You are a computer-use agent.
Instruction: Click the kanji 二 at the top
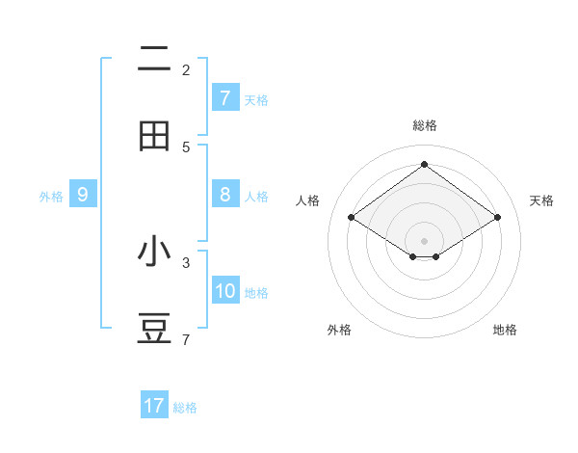coord(154,60)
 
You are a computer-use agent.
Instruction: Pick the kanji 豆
coord(154,328)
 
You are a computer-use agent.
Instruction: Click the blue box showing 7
coord(224,98)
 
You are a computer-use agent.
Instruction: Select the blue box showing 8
coord(224,195)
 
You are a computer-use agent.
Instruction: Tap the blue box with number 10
coord(225,291)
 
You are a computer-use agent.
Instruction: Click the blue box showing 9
coord(83,195)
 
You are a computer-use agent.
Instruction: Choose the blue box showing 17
coord(154,406)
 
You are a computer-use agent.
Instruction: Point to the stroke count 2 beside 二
coord(186,69)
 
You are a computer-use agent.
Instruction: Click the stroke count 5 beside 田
coord(186,147)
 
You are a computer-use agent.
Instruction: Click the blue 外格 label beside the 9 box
coord(51,196)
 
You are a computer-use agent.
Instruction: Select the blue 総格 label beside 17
coord(185,407)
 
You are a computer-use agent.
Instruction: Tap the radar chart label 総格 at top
coord(425,125)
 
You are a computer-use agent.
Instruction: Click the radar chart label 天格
coord(541,200)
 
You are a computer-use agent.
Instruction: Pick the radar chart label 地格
coord(505,330)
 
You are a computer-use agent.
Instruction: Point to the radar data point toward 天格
coord(497,218)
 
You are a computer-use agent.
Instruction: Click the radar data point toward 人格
coord(351,218)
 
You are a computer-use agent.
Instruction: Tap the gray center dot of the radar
coord(424,240)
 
